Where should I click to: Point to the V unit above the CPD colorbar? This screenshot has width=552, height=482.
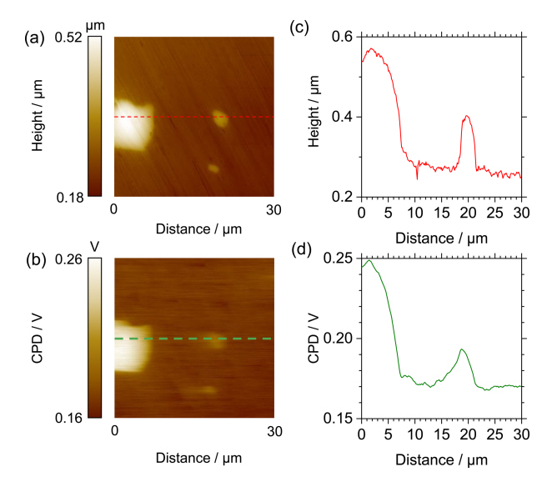click(95, 246)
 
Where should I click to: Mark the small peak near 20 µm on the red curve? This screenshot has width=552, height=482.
click(467, 116)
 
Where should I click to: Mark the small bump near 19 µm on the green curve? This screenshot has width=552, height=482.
click(462, 349)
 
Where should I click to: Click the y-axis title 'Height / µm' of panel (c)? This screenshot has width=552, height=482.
click(314, 117)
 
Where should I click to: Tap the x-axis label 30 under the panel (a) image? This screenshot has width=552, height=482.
click(269, 210)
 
